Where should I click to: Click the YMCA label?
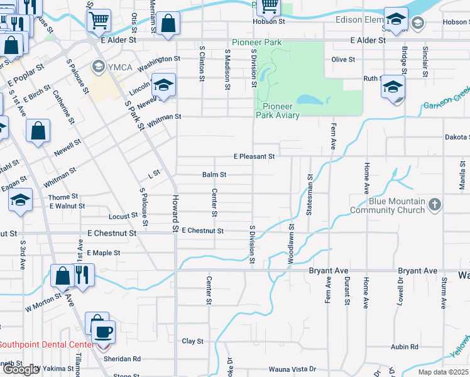tap(115, 66)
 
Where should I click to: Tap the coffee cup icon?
tap(103, 331)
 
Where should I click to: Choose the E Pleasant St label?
tap(254, 156)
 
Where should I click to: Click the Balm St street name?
tap(214, 175)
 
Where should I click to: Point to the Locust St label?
tap(123, 216)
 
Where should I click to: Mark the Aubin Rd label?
tap(405, 347)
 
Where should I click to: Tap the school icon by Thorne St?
tap(20, 200)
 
